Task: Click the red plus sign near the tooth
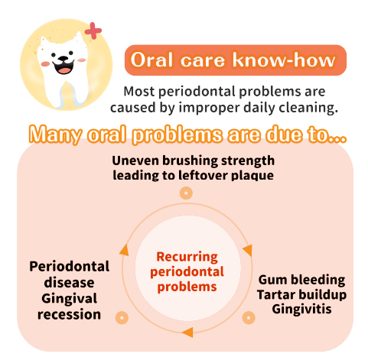click(93, 31)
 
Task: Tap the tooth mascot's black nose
click(63, 59)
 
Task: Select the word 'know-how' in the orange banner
click(284, 60)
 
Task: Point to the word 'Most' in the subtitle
click(139, 91)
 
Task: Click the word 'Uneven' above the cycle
click(136, 161)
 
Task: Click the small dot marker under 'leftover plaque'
click(186, 193)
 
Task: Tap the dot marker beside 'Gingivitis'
click(249, 318)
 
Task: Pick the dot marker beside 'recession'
click(122, 318)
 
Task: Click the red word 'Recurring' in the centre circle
click(187, 257)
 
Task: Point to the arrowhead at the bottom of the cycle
click(187, 332)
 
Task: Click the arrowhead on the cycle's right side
click(248, 250)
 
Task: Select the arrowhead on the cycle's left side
click(124, 250)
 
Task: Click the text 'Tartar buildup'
click(301, 295)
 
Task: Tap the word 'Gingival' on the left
click(70, 299)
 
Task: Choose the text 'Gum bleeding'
click(301, 280)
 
